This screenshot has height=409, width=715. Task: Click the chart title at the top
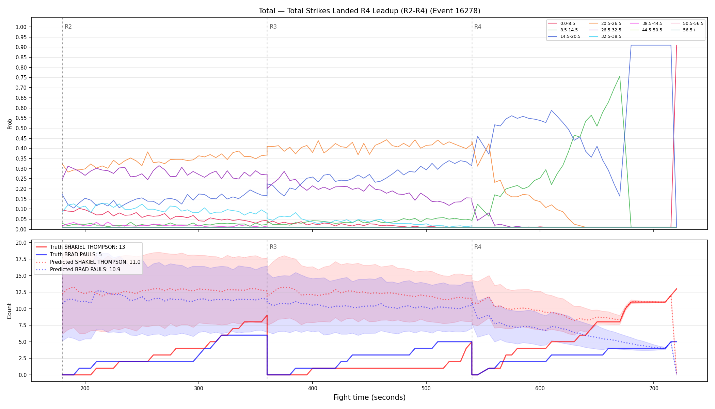369,11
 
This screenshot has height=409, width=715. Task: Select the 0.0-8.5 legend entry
561,24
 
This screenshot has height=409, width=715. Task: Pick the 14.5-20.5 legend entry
564,36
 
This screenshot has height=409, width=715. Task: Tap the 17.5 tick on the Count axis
21,259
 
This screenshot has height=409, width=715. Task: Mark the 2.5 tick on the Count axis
23,358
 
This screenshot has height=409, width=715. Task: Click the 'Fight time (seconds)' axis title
369,397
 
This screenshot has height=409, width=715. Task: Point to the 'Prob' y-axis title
10,124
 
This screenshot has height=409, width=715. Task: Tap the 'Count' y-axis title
9,311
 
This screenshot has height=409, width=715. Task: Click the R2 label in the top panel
68,27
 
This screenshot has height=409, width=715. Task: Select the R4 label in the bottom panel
478,247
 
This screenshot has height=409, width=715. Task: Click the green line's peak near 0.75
620,76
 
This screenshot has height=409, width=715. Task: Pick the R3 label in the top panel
273,27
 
